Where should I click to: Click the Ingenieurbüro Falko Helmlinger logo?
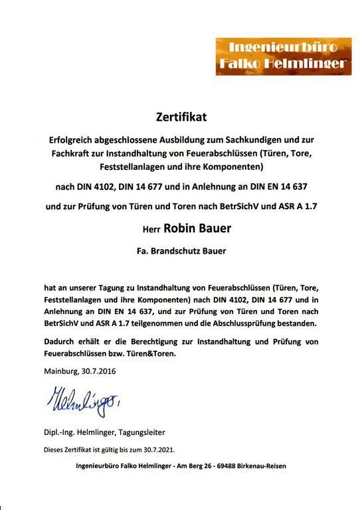(x=283, y=56)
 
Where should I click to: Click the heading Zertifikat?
(x=181, y=118)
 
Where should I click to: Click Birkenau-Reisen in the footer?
(x=264, y=466)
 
